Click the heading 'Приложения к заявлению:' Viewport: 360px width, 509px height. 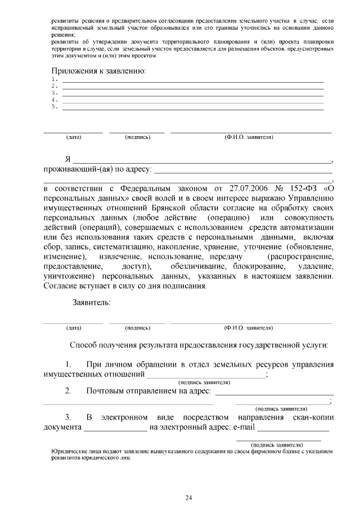(99, 71)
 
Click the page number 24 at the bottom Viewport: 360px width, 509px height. (188, 497)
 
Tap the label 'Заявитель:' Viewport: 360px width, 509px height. (91, 303)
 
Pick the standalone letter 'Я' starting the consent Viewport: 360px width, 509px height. (67, 159)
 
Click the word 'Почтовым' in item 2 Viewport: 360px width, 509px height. (106, 391)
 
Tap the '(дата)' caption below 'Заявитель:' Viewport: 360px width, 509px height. (74, 327)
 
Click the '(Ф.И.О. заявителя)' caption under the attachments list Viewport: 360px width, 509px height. (248, 137)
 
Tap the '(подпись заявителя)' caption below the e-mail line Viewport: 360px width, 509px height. (278, 444)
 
